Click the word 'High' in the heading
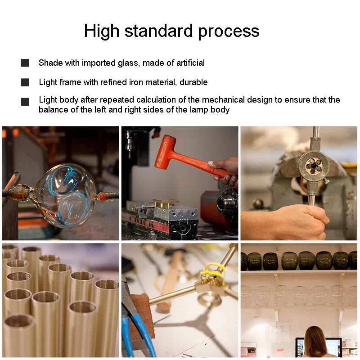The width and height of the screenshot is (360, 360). pyautogui.click(x=102, y=31)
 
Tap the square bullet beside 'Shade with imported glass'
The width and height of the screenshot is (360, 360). pyautogui.click(x=25, y=63)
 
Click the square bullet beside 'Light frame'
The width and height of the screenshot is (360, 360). pyautogui.click(x=25, y=82)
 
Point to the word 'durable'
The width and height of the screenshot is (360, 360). pyautogui.click(x=193, y=82)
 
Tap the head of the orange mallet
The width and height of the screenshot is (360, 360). pyautogui.click(x=165, y=152)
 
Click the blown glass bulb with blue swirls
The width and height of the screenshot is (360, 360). pyautogui.click(x=67, y=195)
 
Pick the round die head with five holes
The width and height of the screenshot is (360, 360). pyautogui.click(x=314, y=165)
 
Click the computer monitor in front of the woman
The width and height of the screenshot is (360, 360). pyautogui.click(x=318, y=346)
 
